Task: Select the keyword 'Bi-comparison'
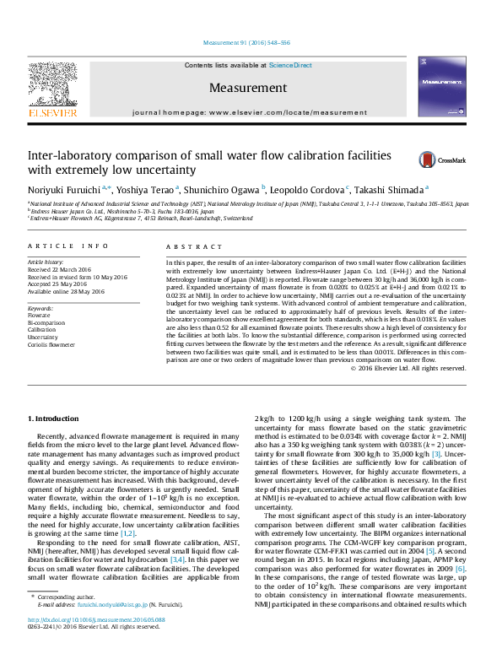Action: pos(48,324)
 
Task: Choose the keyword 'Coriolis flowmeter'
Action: pos(52,344)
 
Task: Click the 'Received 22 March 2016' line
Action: pos(62,270)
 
